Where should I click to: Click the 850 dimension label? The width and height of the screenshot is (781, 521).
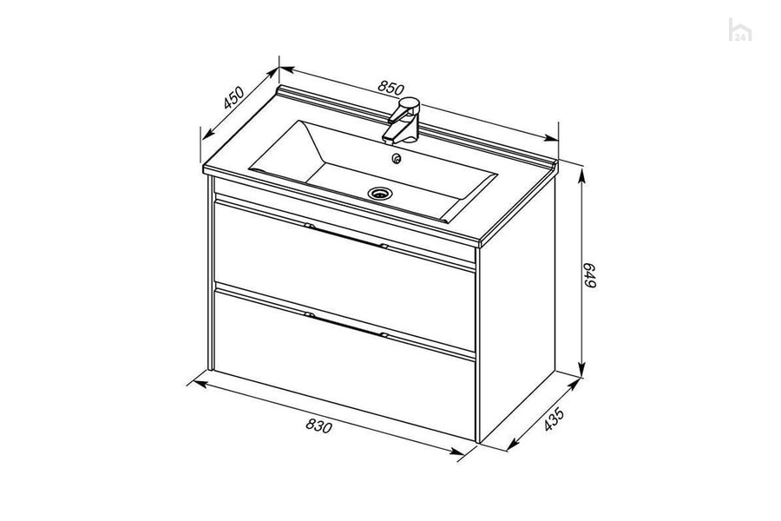click(x=390, y=88)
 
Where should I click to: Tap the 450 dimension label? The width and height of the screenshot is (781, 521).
click(x=233, y=98)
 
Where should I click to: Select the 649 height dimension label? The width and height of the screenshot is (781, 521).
click(x=590, y=274)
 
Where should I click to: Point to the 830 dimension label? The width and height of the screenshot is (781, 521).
click(x=318, y=425)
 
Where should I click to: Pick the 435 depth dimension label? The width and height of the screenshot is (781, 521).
click(x=554, y=419)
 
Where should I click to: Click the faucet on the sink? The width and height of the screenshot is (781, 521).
click(x=402, y=120)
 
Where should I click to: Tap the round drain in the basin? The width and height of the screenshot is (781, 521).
click(x=380, y=193)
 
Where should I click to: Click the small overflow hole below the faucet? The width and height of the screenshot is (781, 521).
click(x=397, y=159)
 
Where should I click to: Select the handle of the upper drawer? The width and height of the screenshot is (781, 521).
click(x=346, y=236)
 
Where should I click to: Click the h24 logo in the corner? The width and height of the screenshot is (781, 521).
click(x=740, y=30)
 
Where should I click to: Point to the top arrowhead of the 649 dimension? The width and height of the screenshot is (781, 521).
click(x=581, y=177)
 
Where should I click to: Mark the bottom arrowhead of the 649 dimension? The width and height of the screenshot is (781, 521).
click(x=581, y=369)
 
